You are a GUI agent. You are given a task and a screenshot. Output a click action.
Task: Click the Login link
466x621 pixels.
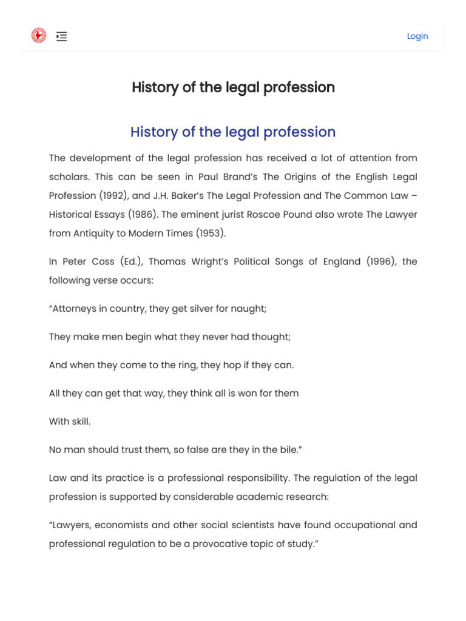click(x=417, y=36)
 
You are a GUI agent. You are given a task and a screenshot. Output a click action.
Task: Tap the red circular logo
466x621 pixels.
click(x=39, y=36)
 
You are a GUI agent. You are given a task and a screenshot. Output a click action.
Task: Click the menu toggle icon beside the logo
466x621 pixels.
click(x=61, y=36)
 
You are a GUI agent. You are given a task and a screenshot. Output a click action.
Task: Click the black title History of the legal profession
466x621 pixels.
click(x=233, y=87)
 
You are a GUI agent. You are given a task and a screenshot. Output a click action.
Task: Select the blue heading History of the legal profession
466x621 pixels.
click(x=233, y=132)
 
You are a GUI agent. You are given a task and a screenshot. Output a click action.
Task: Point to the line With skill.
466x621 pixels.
click(x=69, y=421)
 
